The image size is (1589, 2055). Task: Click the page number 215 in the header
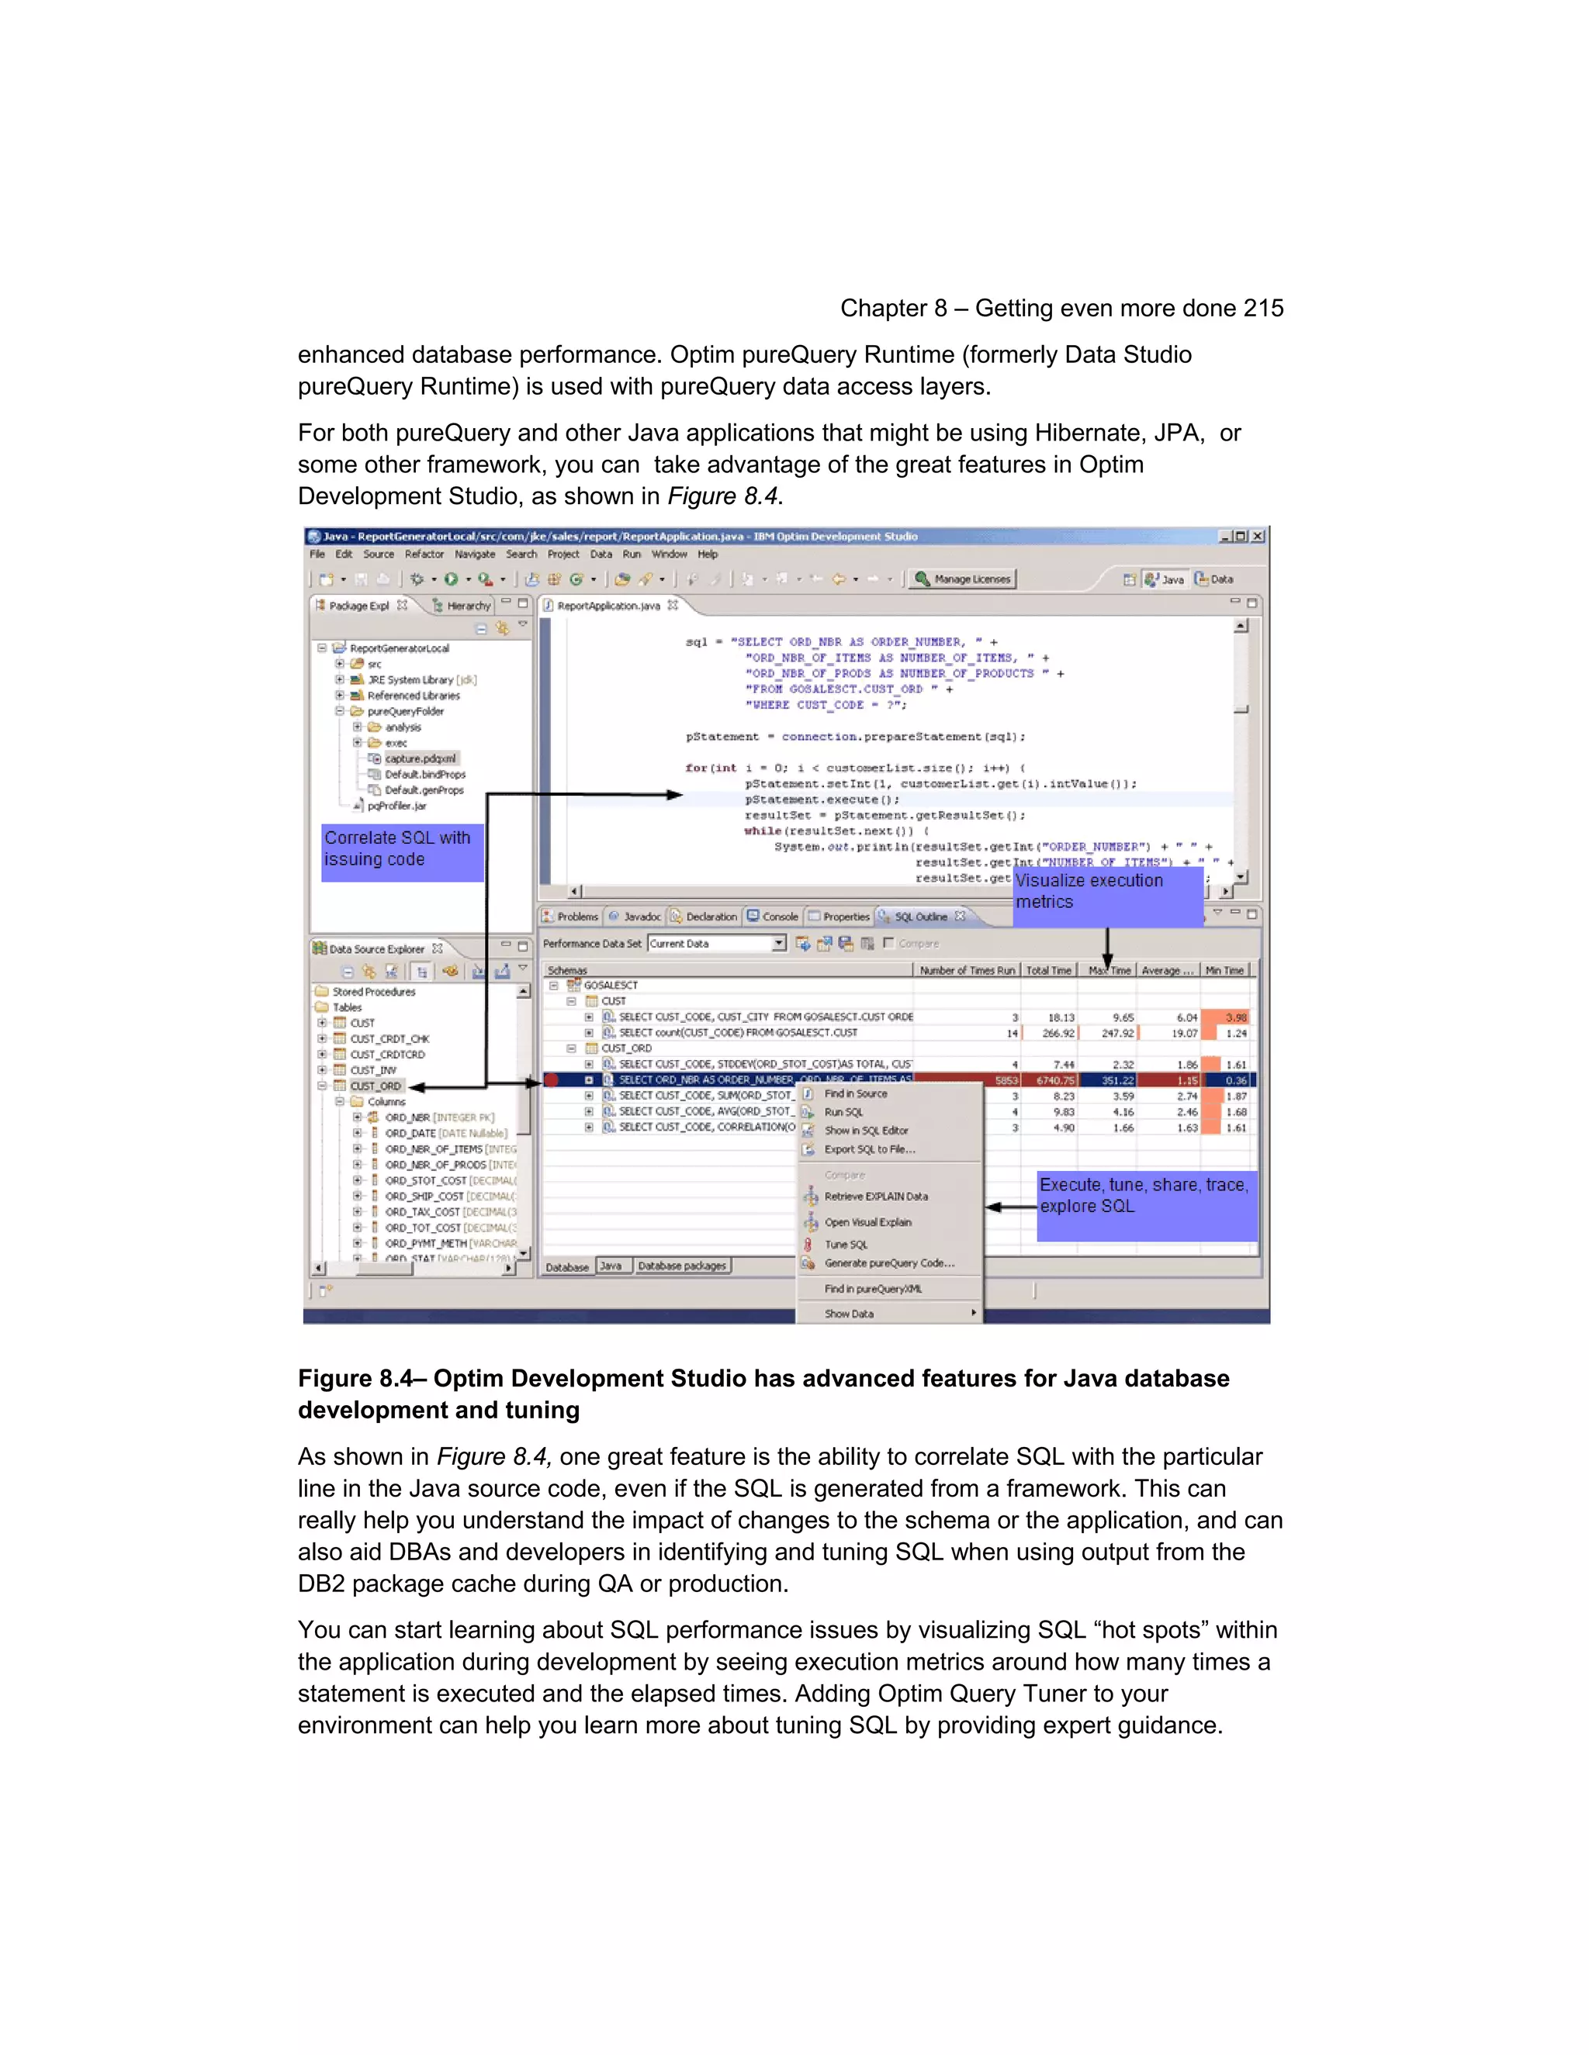coord(1262,309)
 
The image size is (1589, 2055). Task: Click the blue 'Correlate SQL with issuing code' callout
coord(402,851)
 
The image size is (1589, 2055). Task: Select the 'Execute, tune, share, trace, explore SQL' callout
coord(1146,1204)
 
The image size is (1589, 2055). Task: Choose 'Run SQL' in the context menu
coord(843,1112)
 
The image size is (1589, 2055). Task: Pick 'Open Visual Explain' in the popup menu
coord(867,1222)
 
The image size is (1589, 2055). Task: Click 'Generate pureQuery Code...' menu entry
coord(888,1264)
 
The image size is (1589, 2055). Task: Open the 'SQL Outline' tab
coord(919,917)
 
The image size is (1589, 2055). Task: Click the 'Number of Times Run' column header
coord(967,970)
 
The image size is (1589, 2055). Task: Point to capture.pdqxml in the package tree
coord(420,758)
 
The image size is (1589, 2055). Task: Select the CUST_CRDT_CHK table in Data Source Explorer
coord(389,1039)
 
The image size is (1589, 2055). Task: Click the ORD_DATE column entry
coord(410,1133)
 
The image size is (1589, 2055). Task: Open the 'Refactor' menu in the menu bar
coord(424,554)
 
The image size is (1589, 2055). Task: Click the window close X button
coord(1258,537)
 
